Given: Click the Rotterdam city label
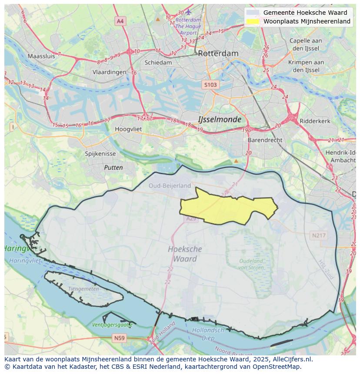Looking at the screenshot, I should coord(218,53).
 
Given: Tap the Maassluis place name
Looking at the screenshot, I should coord(41,56).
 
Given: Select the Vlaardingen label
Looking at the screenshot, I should coord(109,73).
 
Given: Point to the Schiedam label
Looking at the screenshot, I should coord(158,63).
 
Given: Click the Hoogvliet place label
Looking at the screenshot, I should coord(129,129).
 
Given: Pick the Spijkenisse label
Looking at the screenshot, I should coord(100,154).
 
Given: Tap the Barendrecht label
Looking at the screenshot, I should coord(265,140).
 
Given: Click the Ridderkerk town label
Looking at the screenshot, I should coord(315,121).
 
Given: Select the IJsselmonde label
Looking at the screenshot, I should coord(219,119).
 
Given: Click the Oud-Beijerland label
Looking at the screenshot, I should coord(170,185).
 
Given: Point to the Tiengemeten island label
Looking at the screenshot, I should coord(83,289).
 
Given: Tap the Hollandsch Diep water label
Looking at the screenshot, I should coord(208,334).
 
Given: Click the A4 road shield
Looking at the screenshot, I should coord(120,21).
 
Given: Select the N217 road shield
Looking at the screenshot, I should coord(319,235).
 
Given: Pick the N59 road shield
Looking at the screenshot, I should coord(119,338).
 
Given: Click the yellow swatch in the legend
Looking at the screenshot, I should coord(253,21).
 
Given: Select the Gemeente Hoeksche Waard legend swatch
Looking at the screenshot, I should coord(253,13).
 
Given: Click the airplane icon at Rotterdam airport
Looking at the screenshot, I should coord(188,12).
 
